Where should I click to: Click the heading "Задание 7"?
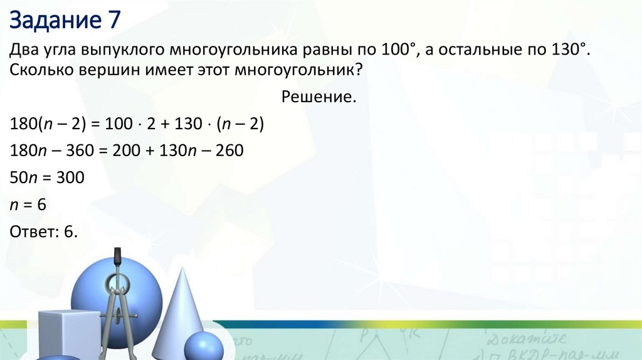click(x=64, y=21)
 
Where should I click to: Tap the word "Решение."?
click(x=319, y=97)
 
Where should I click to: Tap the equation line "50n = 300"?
click(x=47, y=178)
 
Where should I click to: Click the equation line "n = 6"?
click(x=29, y=205)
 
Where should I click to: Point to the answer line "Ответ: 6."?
click(x=44, y=232)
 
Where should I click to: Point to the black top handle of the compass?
click(x=117, y=258)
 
